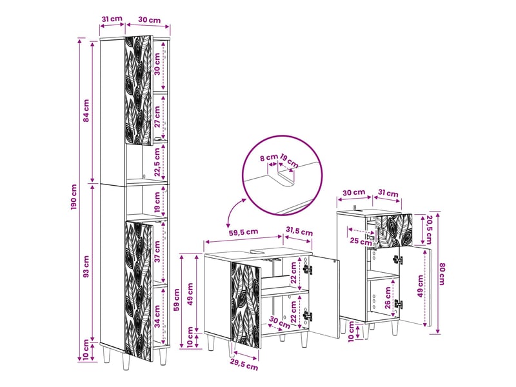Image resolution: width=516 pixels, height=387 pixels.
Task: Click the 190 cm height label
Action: [x=74, y=197]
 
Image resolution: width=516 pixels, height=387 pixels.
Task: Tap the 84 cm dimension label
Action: [x=86, y=110]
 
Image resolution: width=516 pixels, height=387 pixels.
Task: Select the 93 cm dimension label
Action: [x=86, y=266]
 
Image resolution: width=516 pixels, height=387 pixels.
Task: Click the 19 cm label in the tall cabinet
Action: [x=157, y=202]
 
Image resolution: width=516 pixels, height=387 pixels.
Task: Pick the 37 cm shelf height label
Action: [x=157, y=252]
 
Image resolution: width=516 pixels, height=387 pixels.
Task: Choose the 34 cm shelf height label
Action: [x=157, y=316]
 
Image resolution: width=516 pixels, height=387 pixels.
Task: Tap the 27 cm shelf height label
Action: [x=157, y=116]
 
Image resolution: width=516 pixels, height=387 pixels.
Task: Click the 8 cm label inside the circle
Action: [x=269, y=157]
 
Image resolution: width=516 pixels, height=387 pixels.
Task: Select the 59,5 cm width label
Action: [x=243, y=232]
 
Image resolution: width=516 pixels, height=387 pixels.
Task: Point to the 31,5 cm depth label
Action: [x=299, y=232]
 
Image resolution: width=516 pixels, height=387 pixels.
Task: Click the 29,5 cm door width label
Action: [x=243, y=365]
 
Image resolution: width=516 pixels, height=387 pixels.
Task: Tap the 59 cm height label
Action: [x=177, y=300]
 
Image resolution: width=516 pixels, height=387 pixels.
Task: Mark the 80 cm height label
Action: [x=442, y=273]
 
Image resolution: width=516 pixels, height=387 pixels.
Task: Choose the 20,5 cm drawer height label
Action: [x=429, y=230]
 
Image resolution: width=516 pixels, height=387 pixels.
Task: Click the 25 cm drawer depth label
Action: [x=361, y=241]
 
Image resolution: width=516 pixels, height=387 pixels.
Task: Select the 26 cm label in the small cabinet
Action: [x=388, y=298]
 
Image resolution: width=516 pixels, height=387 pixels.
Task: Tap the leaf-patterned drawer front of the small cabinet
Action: [x=393, y=230]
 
